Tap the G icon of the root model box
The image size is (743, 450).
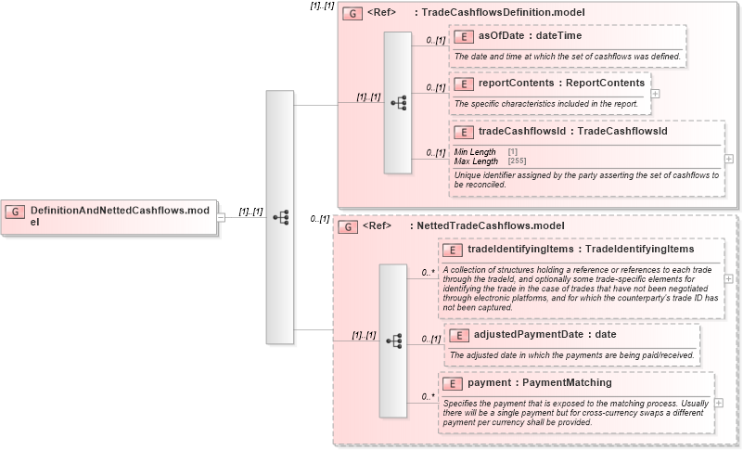(x=15, y=212)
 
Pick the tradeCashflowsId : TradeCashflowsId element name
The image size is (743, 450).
(x=571, y=132)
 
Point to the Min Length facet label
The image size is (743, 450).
(x=476, y=151)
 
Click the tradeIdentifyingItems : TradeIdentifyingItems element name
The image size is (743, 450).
(x=579, y=249)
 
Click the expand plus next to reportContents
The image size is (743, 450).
(x=656, y=93)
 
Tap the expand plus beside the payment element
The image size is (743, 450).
(x=718, y=404)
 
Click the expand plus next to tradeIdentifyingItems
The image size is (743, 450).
(x=728, y=278)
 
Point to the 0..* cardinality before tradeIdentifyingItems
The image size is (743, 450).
(x=428, y=273)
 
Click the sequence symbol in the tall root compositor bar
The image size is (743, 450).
(x=280, y=216)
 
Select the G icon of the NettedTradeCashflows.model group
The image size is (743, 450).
(x=346, y=226)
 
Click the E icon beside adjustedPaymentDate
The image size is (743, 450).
(x=456, y=335)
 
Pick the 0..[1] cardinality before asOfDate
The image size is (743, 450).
(x=432, y=42)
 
